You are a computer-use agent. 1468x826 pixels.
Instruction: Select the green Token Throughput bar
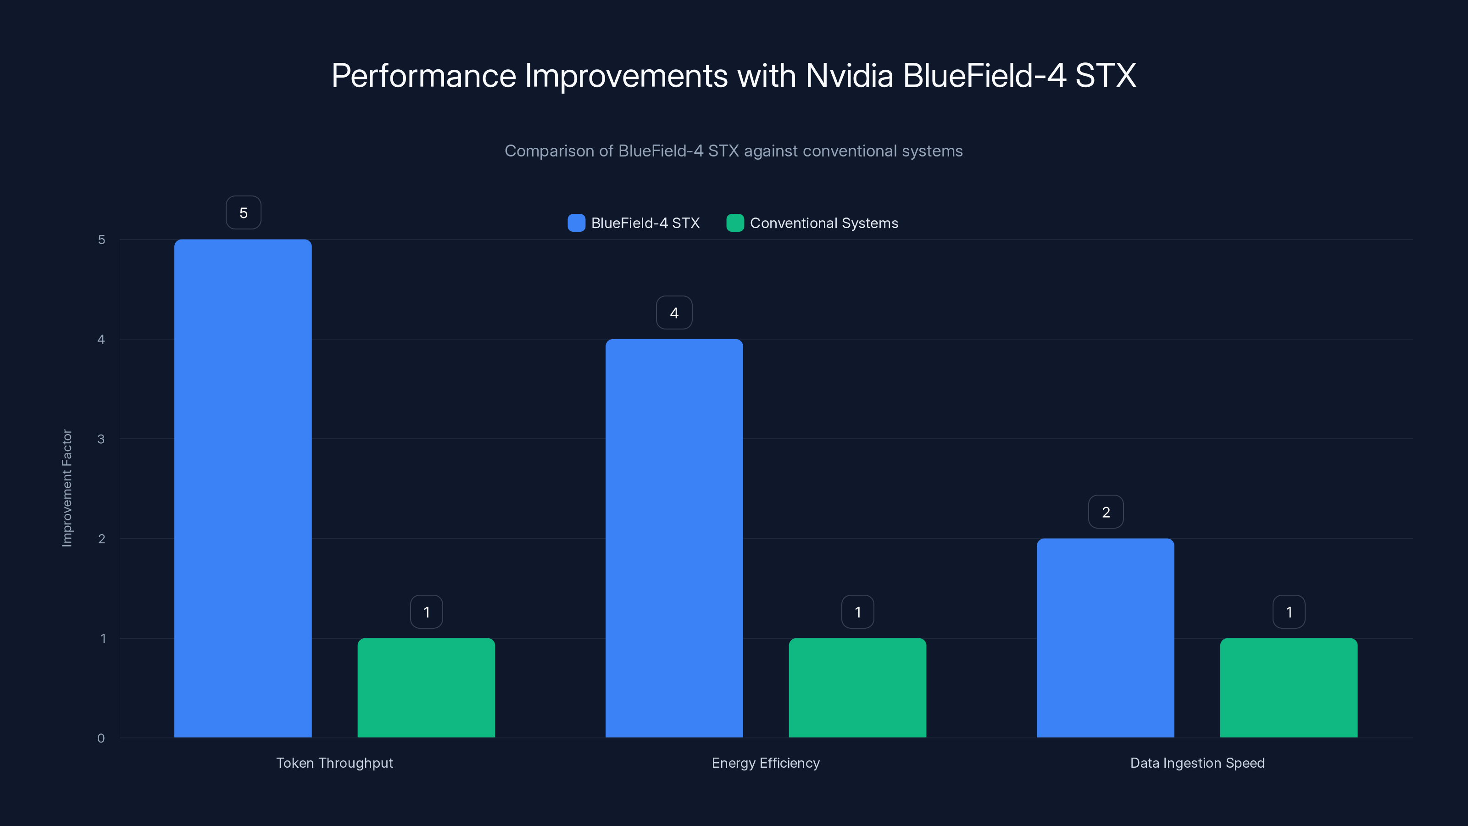tap(426, 687)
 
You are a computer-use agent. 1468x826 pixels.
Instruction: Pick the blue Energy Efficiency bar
tap(674, 538)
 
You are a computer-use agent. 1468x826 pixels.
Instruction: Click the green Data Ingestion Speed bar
tap(1289, 687)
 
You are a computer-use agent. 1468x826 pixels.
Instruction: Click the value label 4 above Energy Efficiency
tap(674, 313)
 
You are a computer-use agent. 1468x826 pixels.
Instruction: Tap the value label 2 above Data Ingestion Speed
tap(1106, 512)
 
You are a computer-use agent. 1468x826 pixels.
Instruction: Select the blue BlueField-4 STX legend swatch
tap(576, 223)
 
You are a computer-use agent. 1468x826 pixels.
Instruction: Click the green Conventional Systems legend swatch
tap(735, 223)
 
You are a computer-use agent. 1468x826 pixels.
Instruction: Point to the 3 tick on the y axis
tap(101, 439)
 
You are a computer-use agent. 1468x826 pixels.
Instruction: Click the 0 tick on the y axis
tap(101, 738)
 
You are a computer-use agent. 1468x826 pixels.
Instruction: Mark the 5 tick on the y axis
tap(101, 240)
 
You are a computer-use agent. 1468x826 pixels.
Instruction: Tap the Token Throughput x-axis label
tap(334, 763)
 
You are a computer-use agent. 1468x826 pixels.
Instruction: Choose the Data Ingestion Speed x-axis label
tap(1197, 763)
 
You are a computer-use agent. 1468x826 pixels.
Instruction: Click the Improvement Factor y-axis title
tap(67, 488)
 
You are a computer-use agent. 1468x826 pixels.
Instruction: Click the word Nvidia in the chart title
tap(849, 75)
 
